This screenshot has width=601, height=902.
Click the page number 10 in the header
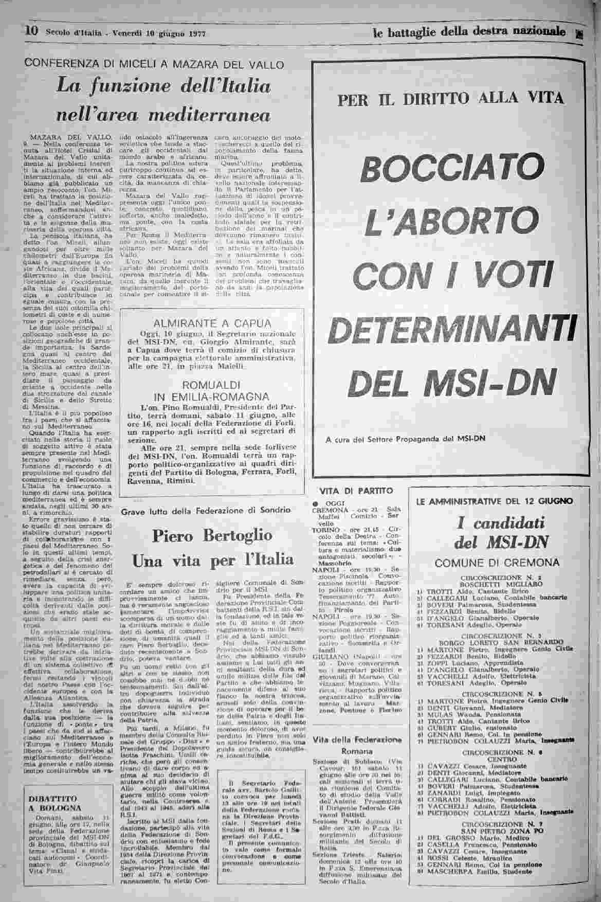(x=32, y=31)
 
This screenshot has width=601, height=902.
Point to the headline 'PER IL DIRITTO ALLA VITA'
(x=450, y=98)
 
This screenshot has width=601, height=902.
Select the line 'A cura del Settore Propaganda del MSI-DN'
(x=406, y=439)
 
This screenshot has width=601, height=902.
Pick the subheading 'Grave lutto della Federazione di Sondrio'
(x=206, y=511)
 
